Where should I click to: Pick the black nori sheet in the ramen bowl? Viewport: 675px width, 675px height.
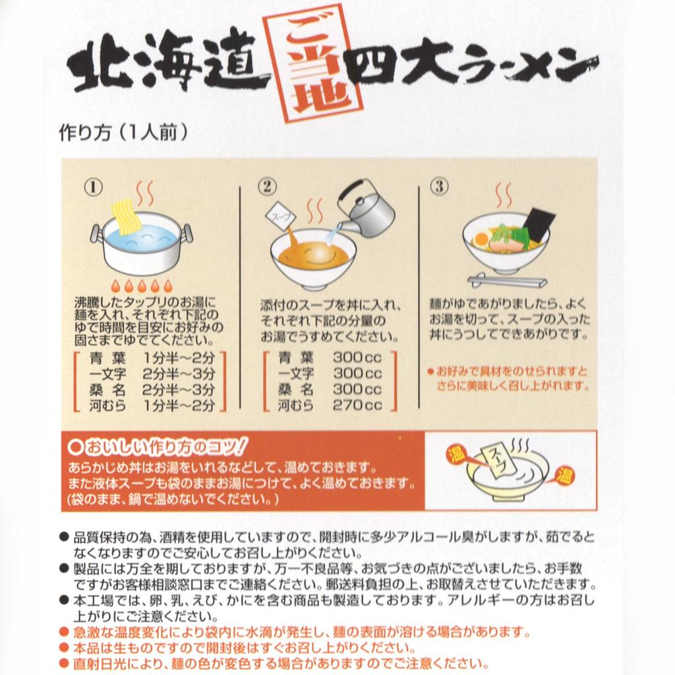point(539,223)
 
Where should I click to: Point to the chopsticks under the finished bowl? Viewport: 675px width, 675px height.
point(507,281)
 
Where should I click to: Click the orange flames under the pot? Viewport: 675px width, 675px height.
point(142,286)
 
